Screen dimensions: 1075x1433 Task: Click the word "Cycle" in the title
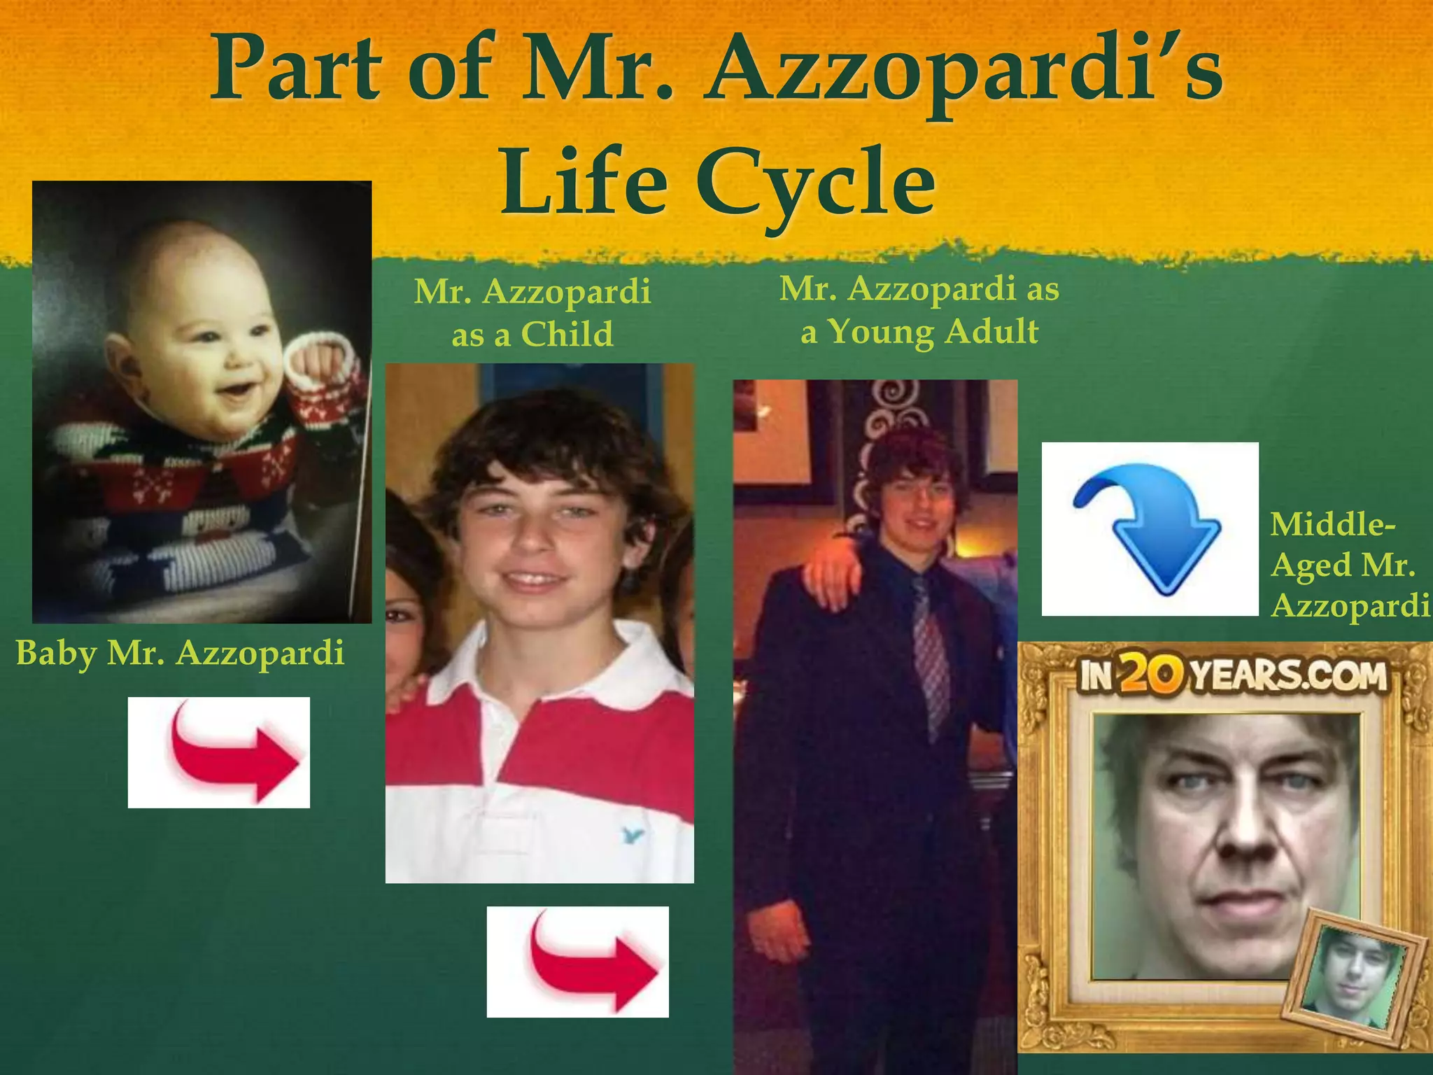pyautogui.click(x=815, y=183)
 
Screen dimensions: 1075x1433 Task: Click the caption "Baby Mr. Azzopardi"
pyautogui.click(x=180, y=652)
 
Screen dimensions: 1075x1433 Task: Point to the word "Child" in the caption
pyautogui.click(x=567, y=334)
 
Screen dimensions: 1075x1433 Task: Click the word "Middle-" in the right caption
pyautogui.click(x=1332, y=524)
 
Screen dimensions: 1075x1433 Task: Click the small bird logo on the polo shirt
pyautogui.click(x=632, y=834)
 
